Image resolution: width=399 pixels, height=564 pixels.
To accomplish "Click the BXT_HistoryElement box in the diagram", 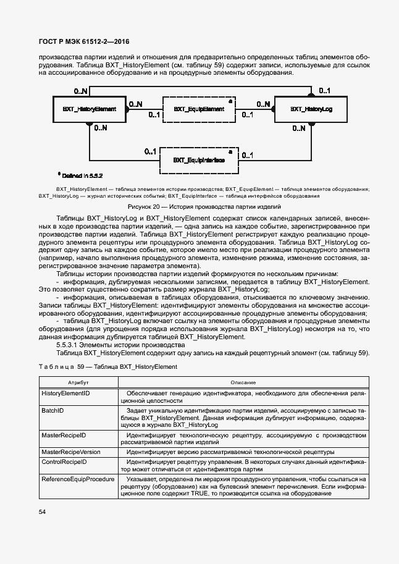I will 90,109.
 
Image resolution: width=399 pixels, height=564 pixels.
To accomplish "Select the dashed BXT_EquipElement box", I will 199,109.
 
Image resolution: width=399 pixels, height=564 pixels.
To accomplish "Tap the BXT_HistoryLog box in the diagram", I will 307,109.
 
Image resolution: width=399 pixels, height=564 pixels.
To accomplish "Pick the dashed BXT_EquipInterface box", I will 199,160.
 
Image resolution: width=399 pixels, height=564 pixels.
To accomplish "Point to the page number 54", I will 43,511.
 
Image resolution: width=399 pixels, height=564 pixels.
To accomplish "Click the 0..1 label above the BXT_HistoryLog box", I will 325,91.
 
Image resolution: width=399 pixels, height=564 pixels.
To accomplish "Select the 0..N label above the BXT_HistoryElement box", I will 81,91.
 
